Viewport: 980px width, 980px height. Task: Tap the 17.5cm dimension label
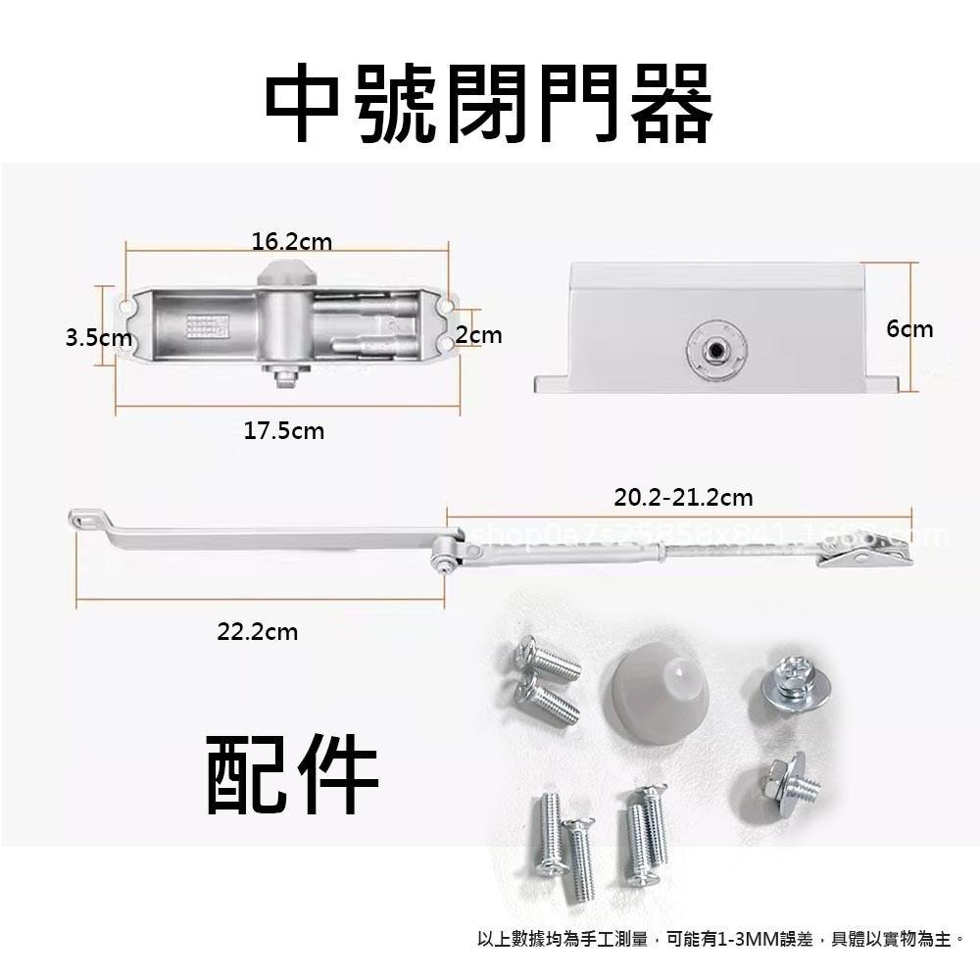click(x=283, y=430)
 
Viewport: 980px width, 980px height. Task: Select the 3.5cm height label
click(x=98, y=338)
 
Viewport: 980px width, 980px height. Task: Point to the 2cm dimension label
click(x=478, y=335)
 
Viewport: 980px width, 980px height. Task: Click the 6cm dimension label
click(x=909, y=329)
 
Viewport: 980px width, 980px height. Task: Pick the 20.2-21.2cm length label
click(x=683, y=498)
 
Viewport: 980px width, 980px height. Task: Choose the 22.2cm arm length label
click(x=257, y=632)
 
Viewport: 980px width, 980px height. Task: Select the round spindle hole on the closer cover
click(x=714, y=349)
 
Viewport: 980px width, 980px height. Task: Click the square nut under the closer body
click(x=284, y=375)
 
